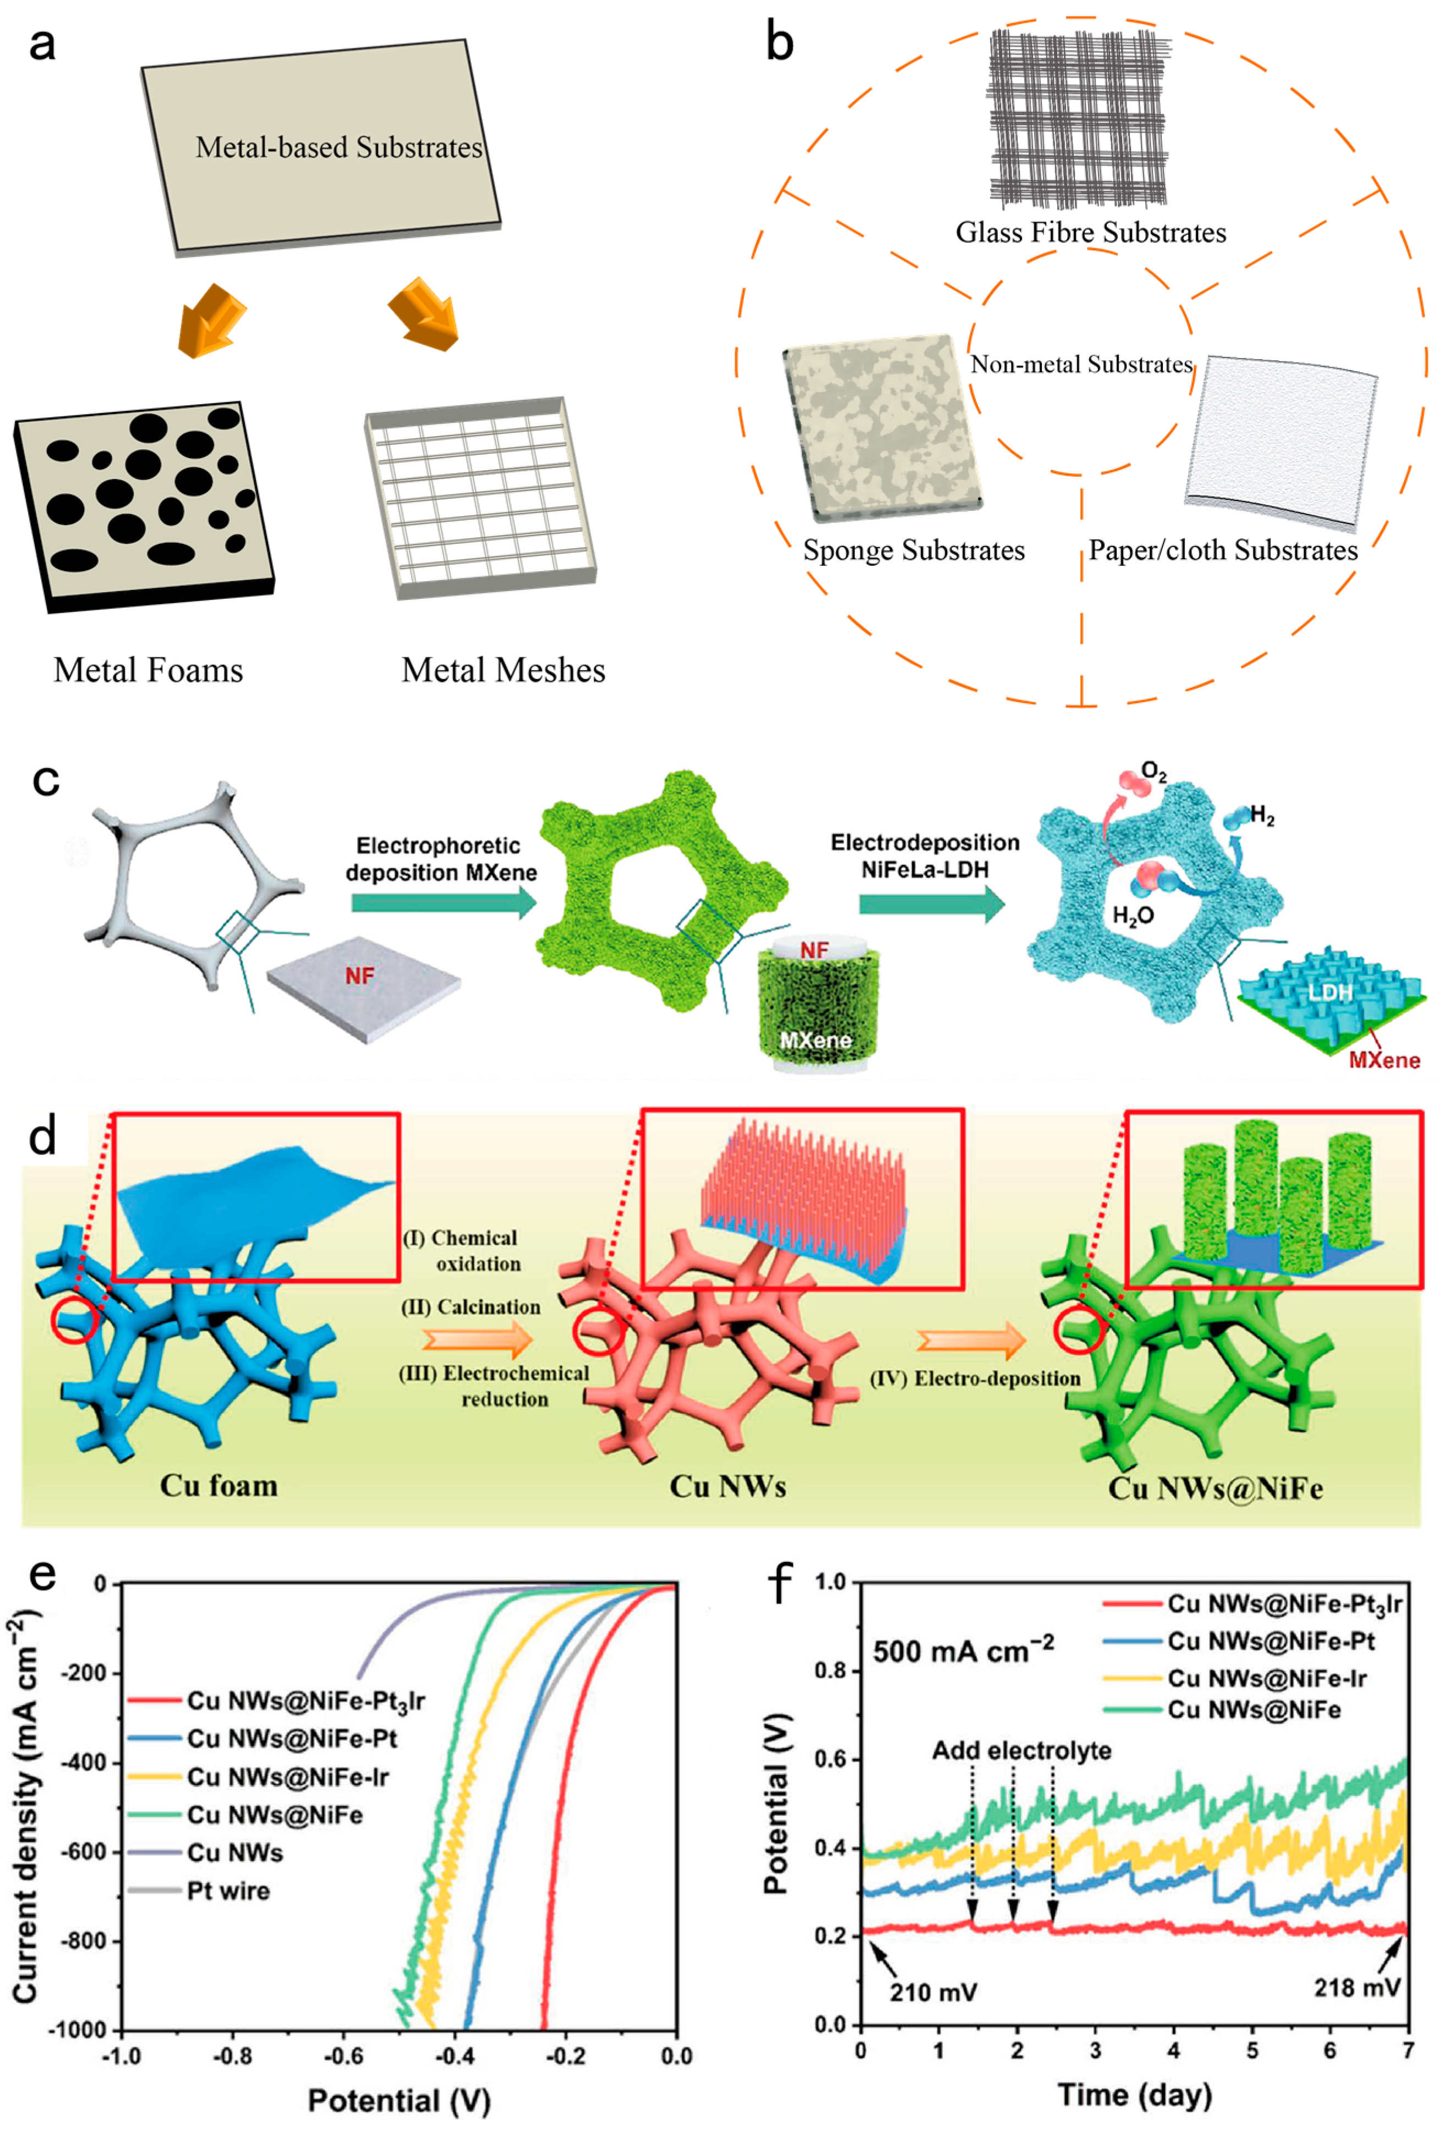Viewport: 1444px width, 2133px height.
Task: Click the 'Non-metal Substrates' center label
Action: click(x=1080, y=365)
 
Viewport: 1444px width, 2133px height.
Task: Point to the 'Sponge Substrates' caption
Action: click(x=913, y=550)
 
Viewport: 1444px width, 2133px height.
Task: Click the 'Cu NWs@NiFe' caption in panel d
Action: click(x=1215, y=1487)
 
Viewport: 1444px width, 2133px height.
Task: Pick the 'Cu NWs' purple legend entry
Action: click(x=234, y=1851)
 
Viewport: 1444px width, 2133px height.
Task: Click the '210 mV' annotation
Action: click(x=932, y=1992)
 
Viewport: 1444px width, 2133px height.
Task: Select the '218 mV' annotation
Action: click(x=1356, y=1987)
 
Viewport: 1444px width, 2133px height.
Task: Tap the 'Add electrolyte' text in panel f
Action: click(x=1021, y=1749)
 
